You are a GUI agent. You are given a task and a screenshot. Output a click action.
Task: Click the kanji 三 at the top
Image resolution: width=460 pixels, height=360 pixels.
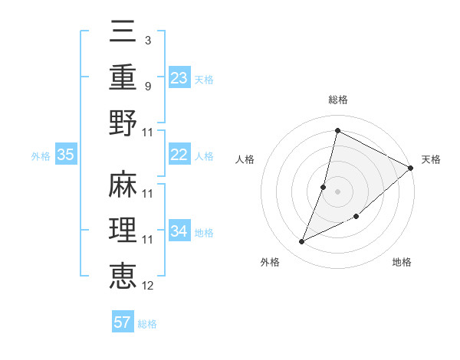point(123,32)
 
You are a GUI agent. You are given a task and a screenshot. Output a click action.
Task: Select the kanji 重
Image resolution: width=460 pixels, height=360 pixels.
point(123,77)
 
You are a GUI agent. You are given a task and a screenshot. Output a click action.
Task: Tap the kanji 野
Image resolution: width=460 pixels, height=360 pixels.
point(123,123)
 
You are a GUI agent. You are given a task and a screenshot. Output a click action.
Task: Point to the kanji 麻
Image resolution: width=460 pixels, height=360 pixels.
point(123,185)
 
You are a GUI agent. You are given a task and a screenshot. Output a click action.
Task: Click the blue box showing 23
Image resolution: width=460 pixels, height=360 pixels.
point(179,78)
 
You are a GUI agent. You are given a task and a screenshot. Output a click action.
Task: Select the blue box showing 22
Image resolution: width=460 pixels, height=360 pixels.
point(179,155)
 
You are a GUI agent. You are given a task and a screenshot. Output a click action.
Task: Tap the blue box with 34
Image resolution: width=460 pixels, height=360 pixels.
point(179,231)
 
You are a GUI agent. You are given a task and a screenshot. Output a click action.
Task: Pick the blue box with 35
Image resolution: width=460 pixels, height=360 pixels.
point(66,155)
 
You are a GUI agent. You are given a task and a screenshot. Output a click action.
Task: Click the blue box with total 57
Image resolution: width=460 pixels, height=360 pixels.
point(123,322)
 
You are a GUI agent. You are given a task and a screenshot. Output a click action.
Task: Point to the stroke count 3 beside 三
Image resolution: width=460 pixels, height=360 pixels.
point(148,39)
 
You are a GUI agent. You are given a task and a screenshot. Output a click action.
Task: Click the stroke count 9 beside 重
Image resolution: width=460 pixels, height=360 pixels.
point(148,86)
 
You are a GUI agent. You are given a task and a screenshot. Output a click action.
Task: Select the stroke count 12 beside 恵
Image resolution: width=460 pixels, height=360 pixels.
point(148,286)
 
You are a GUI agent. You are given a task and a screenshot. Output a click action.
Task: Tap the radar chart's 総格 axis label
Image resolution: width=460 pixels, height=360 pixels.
point(338,100)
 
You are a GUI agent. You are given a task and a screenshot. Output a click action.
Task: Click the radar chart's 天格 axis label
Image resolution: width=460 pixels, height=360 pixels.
point(431,159)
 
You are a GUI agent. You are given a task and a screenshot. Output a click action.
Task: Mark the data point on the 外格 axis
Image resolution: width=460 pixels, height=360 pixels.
point(302,242)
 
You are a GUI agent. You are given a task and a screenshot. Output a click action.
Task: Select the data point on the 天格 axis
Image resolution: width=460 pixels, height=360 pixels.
point(411,168)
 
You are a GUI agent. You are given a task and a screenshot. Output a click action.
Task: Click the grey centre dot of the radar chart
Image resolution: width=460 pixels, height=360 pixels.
point(338,191)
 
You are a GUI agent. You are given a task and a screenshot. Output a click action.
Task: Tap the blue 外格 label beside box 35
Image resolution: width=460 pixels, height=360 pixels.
point(41,155)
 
